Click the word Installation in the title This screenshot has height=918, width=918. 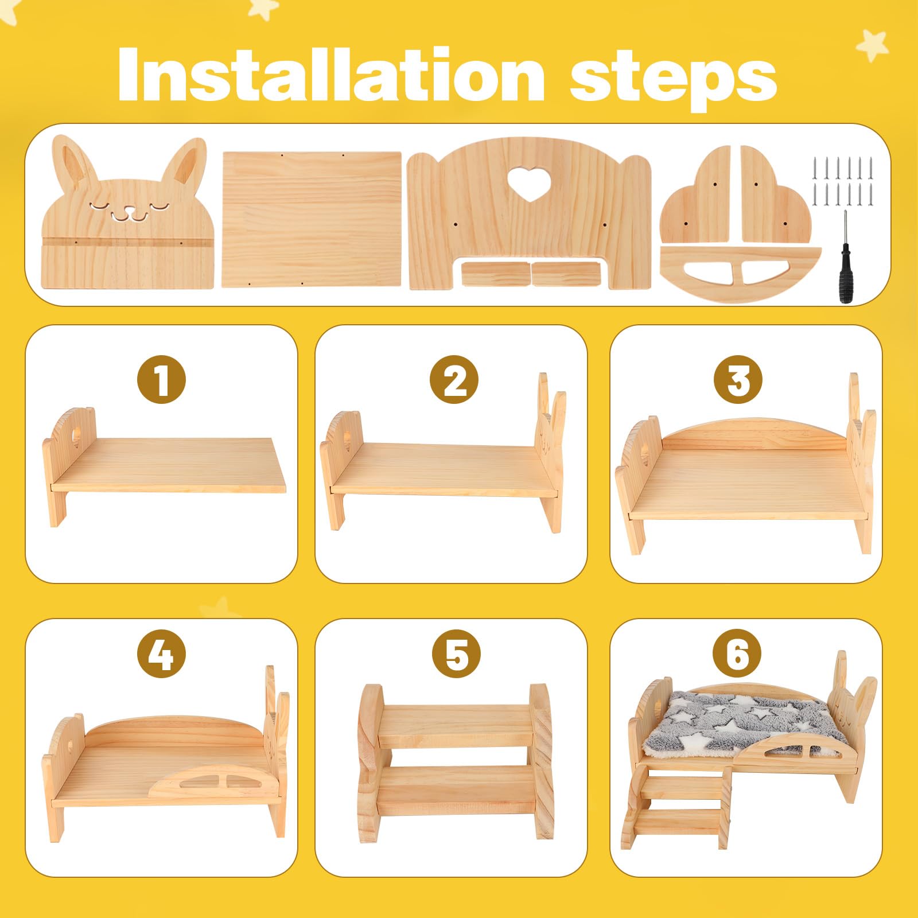(331, 75)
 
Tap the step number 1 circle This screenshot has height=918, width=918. (161, 379)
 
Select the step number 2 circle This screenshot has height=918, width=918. (454, 379)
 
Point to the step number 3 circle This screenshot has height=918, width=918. (738, 379)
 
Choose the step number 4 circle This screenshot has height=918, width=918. (161, 654)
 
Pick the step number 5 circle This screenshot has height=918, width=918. (454, 654)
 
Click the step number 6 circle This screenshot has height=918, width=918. (738, 654)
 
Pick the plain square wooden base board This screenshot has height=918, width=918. (312, 219)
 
